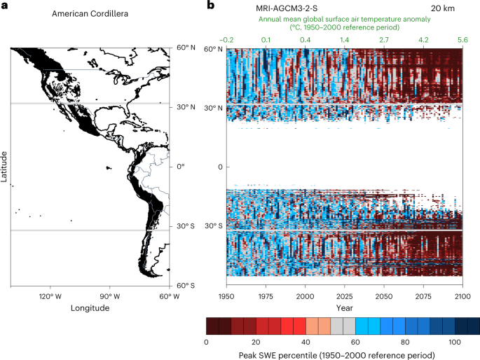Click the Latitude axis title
tap(5, 167)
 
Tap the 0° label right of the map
tap(181, 167)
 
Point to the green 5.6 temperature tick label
tap(462, 41)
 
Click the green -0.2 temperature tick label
tap(227, 41)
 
